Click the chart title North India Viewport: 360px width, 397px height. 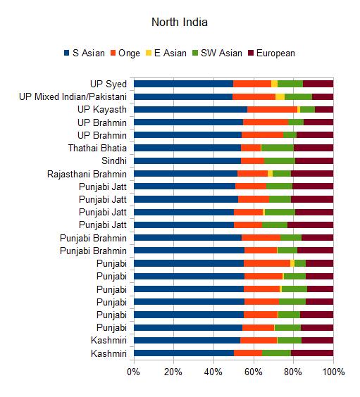(x=180, y=22)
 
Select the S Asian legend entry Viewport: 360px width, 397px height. (x=85, y=53)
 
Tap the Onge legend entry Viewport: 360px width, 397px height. (x=125, y=53)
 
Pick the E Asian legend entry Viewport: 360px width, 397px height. (x=166, y=53)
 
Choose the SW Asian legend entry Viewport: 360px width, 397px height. (x=218, y=53)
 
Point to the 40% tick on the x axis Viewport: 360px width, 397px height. (x=213, y=372)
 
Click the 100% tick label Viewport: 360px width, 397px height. (x=333, y=372)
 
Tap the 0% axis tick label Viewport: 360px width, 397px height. (x=134, y=372)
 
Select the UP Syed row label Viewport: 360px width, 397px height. (x=108, y=84)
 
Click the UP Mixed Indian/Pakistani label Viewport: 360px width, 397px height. (x=73, y=96)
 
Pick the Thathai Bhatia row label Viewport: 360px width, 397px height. (x=97, y=148)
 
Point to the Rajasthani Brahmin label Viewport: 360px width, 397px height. (x=87, y=174)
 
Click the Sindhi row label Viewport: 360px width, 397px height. (x=114, y=160)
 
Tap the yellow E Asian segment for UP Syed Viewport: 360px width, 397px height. (x=274, y=84)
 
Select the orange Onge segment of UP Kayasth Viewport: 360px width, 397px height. (x=273, y=109)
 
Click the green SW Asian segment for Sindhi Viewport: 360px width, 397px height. (x=280, y=160)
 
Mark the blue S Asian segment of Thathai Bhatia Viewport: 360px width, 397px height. (x=187, y=148)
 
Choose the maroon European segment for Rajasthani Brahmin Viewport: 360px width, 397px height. (x=312, y=173)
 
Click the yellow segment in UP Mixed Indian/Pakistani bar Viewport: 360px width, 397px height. (x=280, y=96)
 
